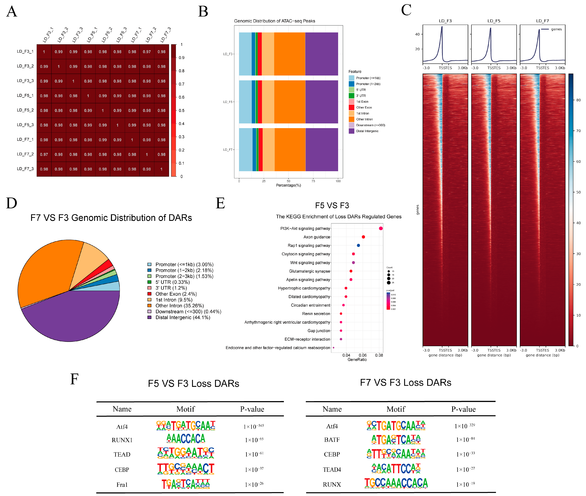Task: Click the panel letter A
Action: click(12, 12)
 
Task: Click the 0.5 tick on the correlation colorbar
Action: click(181, 111)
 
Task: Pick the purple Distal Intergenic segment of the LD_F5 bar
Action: click(321, 102)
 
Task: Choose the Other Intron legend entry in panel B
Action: click(364, 119)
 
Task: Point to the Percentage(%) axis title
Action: click(288, 185)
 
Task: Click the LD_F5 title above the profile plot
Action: click(494, 21)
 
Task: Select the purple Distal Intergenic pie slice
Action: click(70, 318)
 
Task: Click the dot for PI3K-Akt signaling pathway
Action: click(381, 228)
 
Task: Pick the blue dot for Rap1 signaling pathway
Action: click(358, 246)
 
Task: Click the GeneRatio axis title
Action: click(357, 360)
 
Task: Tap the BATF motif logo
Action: click(396, 439)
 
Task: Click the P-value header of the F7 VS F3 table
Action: click(463, 409)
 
